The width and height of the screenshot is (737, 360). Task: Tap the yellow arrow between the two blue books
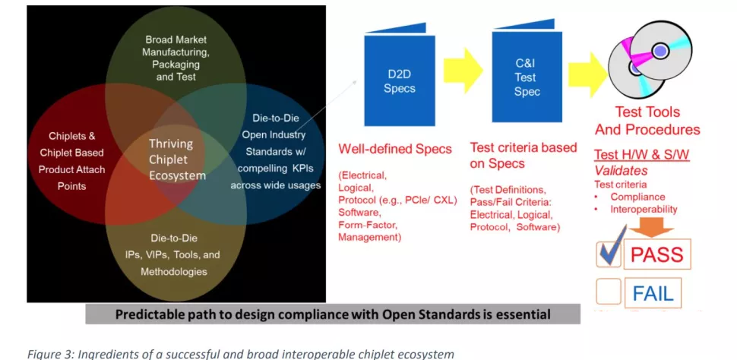[x=463, y=71]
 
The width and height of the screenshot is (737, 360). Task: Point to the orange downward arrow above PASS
[x=651, y=229]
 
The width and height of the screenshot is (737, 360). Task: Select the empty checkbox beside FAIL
[x=608, y=292]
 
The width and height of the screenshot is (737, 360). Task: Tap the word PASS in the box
[x=657, y=254]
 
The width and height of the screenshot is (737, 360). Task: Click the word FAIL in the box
[x=653, y=293]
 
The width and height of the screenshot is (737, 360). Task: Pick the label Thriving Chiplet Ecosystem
[x=177, y=159]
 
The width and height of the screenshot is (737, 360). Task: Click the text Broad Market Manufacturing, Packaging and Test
[x=176, y=58]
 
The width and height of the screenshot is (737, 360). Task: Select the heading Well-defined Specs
[x=395, y=150]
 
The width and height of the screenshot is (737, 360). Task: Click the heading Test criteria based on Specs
[x=523, y=155]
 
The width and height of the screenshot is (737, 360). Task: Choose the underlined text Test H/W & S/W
[x=641, y=155]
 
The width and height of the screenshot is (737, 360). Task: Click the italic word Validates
[x=621, y=170]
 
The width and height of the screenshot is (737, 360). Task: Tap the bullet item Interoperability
[x=644, y=210]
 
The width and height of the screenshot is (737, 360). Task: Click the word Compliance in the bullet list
[x=637, y=197]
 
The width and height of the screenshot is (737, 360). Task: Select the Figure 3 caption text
[x=241, y=353]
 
